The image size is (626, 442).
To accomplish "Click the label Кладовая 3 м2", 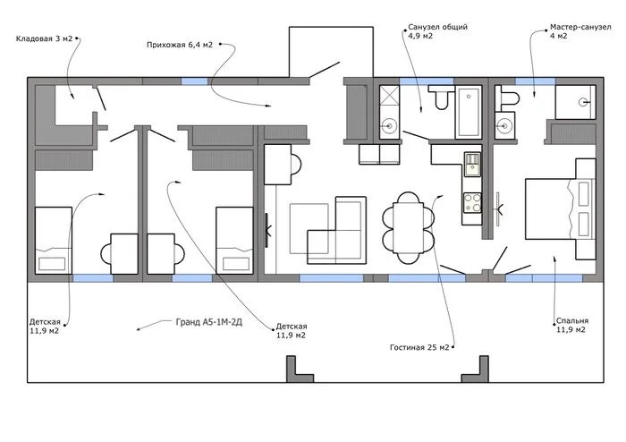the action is click(x=45, y=38).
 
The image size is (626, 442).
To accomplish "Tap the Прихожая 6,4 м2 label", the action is click(x=180, y=45).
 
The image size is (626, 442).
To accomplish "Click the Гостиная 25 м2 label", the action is click(x=419, y=347).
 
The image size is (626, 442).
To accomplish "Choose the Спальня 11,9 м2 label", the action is click(x=572, y=325).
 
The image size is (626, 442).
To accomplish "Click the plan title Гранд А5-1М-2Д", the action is click(x=208, y=322).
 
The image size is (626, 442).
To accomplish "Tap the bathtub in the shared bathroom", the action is click(x=469, y=112).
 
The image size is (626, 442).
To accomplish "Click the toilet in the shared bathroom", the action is click(x=440, y=97).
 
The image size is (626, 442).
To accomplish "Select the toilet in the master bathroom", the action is click(x=506, y=98).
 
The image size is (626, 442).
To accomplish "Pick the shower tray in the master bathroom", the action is click(x=575, y=102).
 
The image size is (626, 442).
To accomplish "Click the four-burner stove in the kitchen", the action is click(x=472, y=203).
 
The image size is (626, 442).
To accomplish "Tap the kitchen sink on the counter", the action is click(x=473, y=164).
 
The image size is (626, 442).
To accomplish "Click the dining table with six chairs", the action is click(x=408, y=227).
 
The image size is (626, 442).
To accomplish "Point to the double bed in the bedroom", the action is click(x=560, y=208).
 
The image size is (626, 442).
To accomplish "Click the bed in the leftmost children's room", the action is click(x=54, y=241).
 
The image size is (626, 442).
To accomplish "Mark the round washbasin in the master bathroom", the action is click(x=505, y=126).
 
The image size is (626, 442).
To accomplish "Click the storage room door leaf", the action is click(x=99, y=98).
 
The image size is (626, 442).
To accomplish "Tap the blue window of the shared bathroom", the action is click(x=427, y=81).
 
